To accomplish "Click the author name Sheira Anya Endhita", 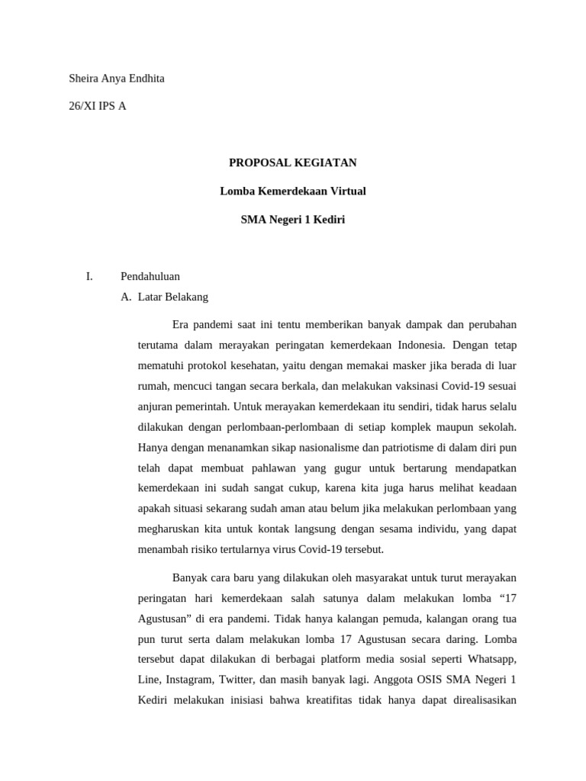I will tap(117, 79).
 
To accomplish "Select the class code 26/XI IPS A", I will tap(98, 106).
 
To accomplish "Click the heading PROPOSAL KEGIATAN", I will tap(293, 162).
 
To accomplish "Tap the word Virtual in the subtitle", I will tap(344, 191).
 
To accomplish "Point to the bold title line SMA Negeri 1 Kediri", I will tap(293, 220).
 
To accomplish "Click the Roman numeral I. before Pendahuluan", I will tap(89, 276).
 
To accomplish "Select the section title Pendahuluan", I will tap(150, 276).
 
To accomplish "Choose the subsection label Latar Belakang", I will tap(172, 297).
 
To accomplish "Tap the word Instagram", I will tap(188, 679).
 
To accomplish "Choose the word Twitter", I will tap(238, 679).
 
